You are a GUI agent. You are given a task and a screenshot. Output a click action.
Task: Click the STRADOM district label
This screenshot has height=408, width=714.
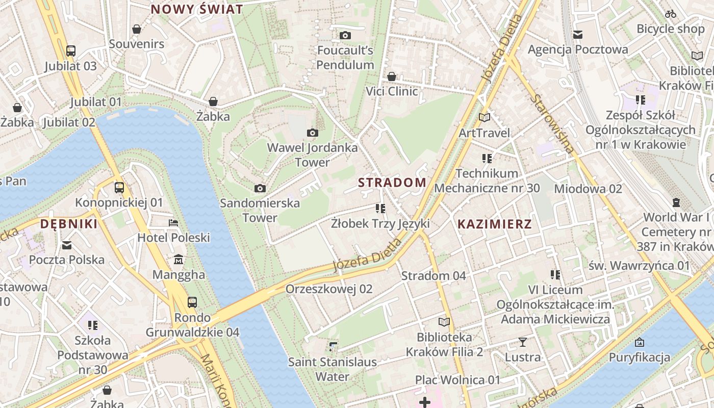(392, 183)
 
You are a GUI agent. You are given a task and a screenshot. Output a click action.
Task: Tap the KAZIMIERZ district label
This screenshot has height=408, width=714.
(494, 224)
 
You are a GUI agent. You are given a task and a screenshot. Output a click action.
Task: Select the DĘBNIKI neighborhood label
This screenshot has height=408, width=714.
(68, 224)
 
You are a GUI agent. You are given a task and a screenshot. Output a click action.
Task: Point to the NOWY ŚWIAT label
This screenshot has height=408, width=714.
(197, 9)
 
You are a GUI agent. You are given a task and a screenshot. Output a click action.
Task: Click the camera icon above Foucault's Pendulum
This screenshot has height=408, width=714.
(345, 35)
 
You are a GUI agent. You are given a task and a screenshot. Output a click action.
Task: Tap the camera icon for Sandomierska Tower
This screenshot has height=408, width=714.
(260, 188)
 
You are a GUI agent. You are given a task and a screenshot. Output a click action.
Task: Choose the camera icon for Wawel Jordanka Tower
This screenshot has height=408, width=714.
(313, 133)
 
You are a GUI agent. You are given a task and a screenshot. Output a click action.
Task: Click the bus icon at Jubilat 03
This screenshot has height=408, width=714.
(71, 51)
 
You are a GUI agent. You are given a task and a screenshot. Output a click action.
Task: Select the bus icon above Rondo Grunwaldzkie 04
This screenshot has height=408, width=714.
(192, 302)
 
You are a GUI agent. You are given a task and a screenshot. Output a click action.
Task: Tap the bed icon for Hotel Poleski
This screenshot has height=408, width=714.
(173, 223)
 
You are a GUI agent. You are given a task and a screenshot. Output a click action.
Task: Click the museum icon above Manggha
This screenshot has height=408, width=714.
(178, 260)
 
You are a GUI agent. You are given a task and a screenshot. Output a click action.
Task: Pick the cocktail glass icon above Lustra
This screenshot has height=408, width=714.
(522, 342)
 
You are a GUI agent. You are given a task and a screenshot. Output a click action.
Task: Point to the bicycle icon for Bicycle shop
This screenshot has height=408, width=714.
(671, 14)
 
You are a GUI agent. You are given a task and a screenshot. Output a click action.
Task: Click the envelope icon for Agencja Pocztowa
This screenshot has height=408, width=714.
(578, 35)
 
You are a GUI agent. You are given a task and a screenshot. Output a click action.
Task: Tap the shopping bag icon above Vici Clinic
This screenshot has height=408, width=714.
(392, 76)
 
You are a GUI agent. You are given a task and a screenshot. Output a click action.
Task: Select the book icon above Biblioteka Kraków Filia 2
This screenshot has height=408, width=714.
(444, 322)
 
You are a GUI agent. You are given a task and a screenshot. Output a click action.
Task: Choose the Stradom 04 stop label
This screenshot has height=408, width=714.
(433, 276)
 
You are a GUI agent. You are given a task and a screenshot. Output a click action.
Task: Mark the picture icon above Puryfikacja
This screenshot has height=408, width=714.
(640, 342)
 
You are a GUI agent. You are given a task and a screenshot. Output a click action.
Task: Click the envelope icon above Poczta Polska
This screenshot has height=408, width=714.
(67, 245)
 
